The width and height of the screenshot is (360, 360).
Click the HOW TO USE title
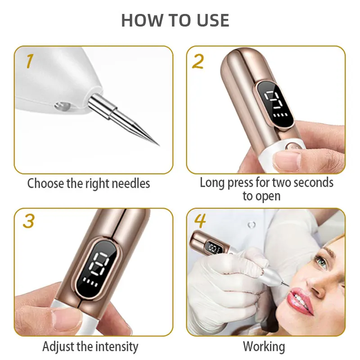click(175, 20)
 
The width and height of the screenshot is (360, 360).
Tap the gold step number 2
click(198, 61)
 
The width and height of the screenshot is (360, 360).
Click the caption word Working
click(264, 346)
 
